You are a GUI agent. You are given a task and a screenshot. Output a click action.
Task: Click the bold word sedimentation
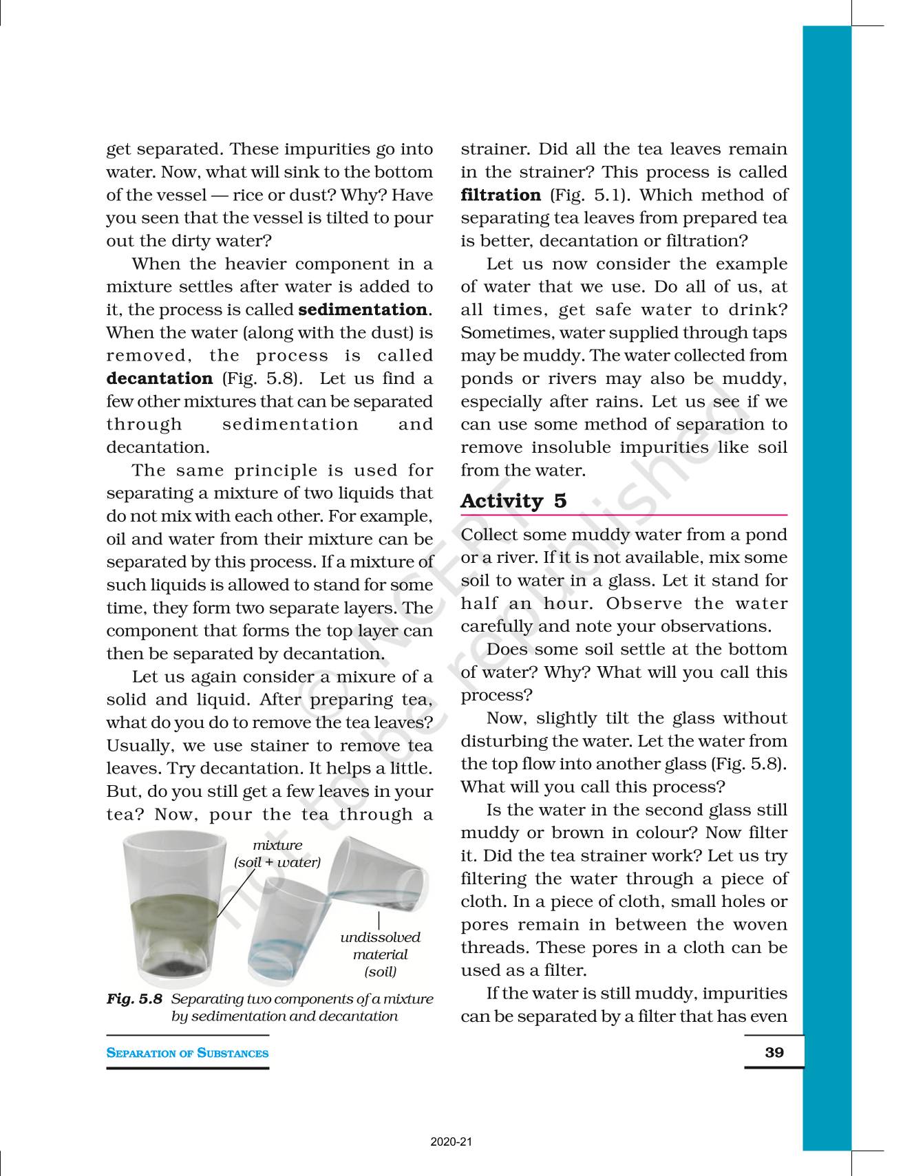(363, 310)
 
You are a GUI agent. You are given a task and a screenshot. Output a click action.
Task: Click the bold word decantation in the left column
(160, 378)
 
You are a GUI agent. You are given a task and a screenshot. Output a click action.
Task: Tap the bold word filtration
(500, 195)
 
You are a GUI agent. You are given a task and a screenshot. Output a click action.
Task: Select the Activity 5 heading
(513, 501)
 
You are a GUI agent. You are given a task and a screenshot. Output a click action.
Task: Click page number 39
(774, 1052)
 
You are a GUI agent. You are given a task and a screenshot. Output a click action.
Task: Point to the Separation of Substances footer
(187, 1053)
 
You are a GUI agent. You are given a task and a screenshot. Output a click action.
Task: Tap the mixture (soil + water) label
(277, 853)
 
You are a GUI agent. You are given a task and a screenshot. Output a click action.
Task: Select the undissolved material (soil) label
(380, 954)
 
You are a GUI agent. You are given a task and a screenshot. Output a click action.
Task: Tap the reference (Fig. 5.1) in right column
(584, 195)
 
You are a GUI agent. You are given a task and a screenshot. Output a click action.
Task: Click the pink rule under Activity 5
(624, 515)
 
